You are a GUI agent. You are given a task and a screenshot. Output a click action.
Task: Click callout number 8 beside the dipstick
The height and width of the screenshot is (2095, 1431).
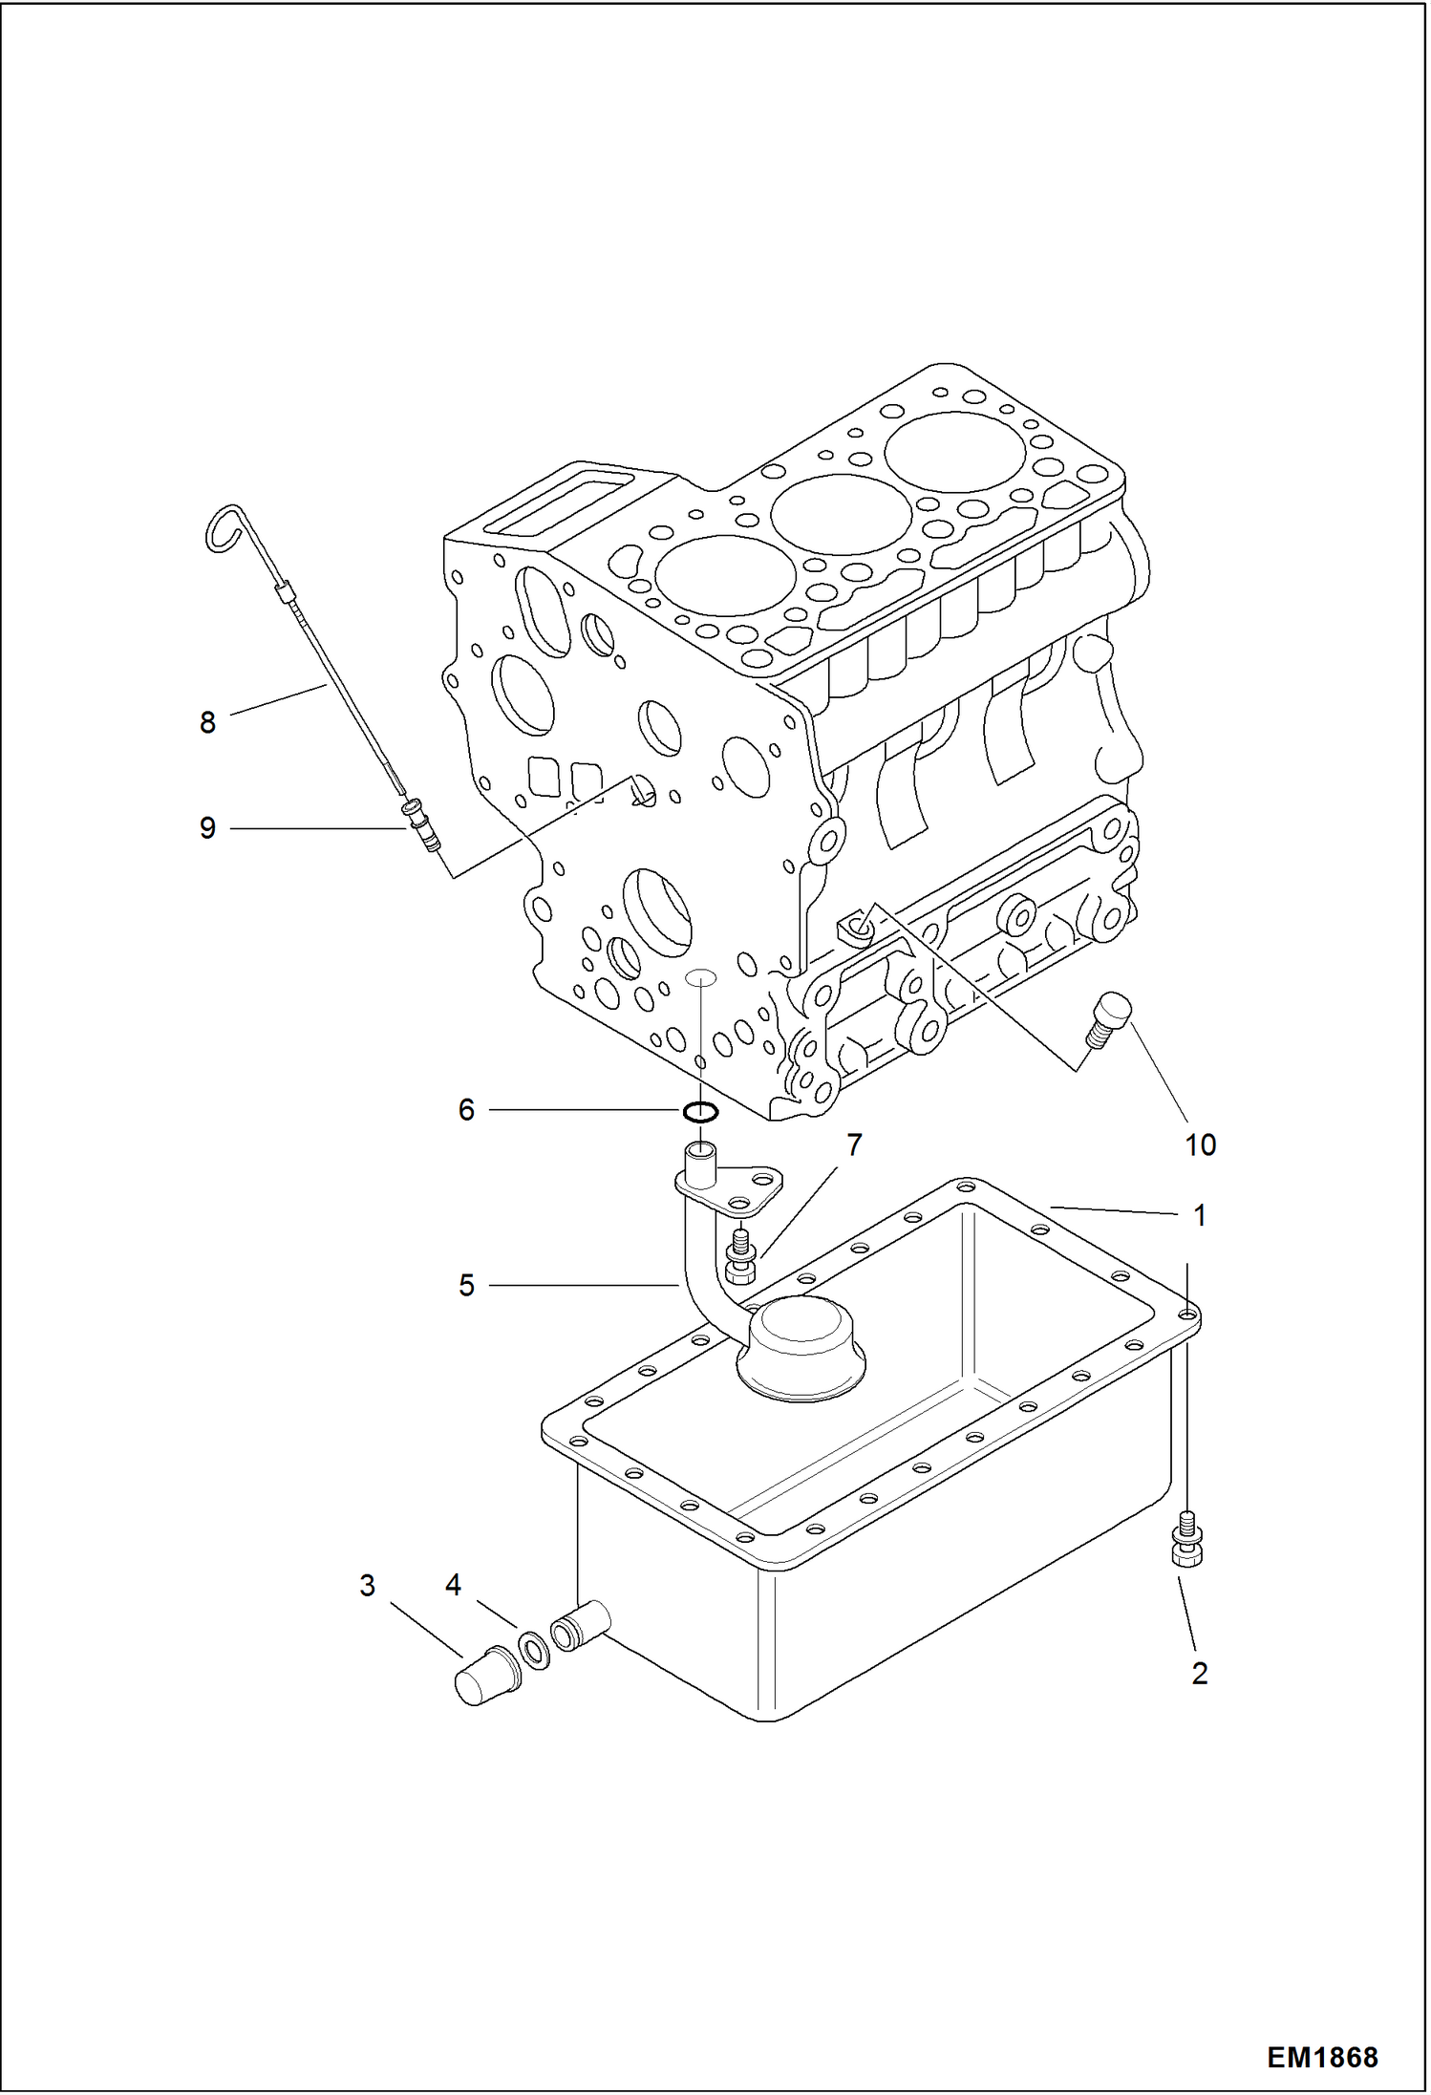[207, 723]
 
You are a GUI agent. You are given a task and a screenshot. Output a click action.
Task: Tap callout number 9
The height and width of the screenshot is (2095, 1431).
[207, 828]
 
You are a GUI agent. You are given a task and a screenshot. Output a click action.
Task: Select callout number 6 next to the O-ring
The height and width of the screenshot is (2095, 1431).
[466, 1109]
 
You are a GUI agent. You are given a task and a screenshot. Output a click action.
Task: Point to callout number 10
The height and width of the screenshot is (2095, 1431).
[1200, 1144]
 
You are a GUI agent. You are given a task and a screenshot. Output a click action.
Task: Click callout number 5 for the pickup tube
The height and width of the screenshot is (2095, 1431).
[466, 1286]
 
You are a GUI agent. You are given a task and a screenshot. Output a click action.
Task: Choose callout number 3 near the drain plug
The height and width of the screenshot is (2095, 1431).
[368, 1586]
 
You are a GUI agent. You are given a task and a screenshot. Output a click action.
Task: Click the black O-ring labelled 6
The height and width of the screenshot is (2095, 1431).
[700, 1111]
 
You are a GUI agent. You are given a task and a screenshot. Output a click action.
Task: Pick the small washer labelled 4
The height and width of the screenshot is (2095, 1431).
[534, 1650]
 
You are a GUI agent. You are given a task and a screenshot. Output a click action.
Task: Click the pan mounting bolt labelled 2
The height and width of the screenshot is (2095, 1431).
[1186, 1539]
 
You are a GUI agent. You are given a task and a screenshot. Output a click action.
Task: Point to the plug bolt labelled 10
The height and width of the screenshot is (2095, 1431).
[1109, 1021]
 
